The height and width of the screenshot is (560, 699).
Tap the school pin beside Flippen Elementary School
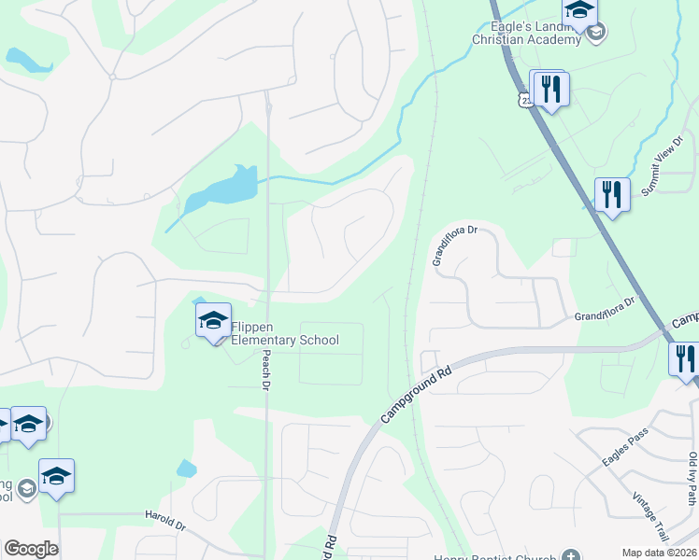[213, 322]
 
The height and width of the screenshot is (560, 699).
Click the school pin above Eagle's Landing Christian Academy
[579, 11]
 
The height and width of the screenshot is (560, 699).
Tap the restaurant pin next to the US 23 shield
[549, 89]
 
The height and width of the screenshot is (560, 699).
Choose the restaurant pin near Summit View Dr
[612, 195]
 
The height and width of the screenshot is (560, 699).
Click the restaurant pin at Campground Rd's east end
[685, 358]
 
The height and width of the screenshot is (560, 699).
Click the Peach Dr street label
[266, 371]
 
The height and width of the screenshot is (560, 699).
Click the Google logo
[31, 549]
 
